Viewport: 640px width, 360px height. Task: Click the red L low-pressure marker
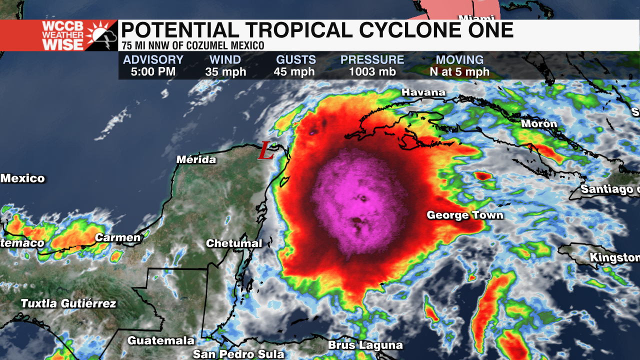pos(266,150)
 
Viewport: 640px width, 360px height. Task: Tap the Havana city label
pos(423,92)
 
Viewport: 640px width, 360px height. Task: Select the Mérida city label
pos(196,160)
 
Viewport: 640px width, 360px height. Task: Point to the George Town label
pos(465,215)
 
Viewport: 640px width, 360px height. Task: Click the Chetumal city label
pos(234,243)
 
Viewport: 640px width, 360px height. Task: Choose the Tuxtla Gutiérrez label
pos(68,303)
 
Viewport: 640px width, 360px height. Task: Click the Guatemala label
pos(161,340)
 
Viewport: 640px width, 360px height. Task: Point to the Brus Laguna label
pos(365,345)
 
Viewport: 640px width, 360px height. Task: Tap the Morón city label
pos(539,123)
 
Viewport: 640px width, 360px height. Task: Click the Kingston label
pos(614,258)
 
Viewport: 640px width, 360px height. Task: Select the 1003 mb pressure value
pos(372,72)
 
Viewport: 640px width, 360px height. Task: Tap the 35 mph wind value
pos(225,72)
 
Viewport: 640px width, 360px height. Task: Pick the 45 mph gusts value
pos(294,72)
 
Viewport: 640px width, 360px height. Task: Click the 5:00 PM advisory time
pos(153,72)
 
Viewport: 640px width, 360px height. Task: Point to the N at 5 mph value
pos(459,72)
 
